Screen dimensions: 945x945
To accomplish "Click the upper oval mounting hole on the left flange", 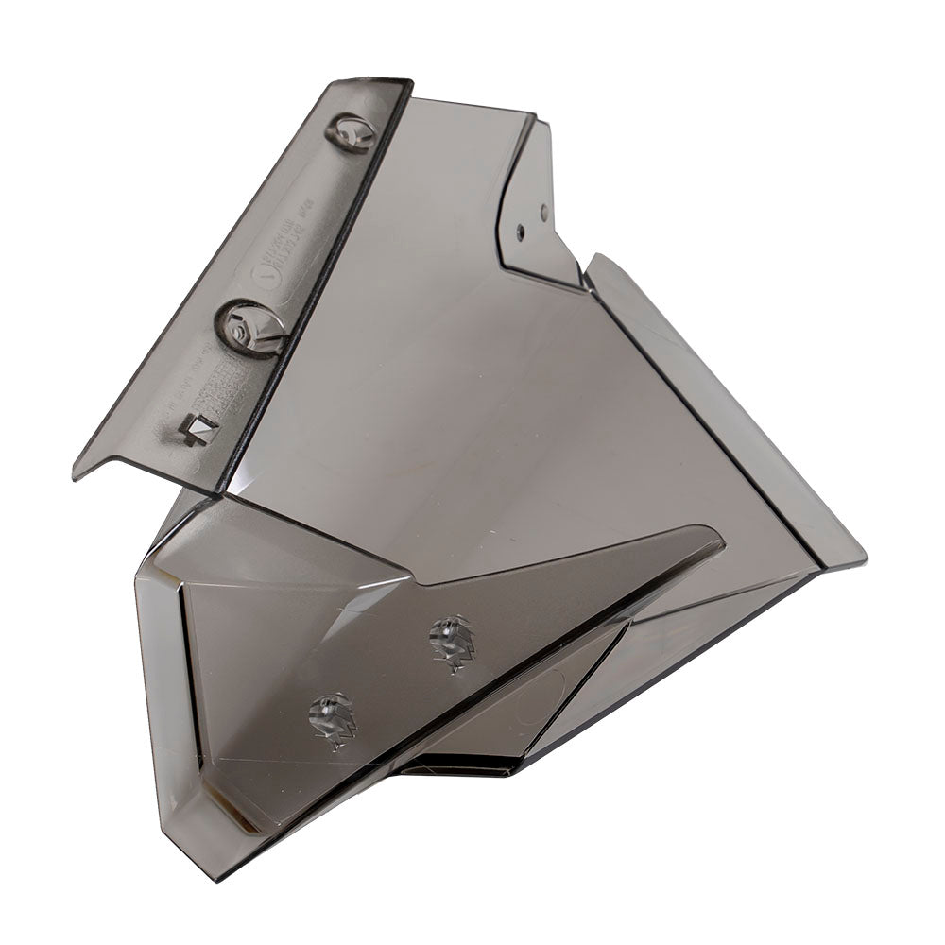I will coord(350,132).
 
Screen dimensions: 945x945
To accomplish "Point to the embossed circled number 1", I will coord(267,274).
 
